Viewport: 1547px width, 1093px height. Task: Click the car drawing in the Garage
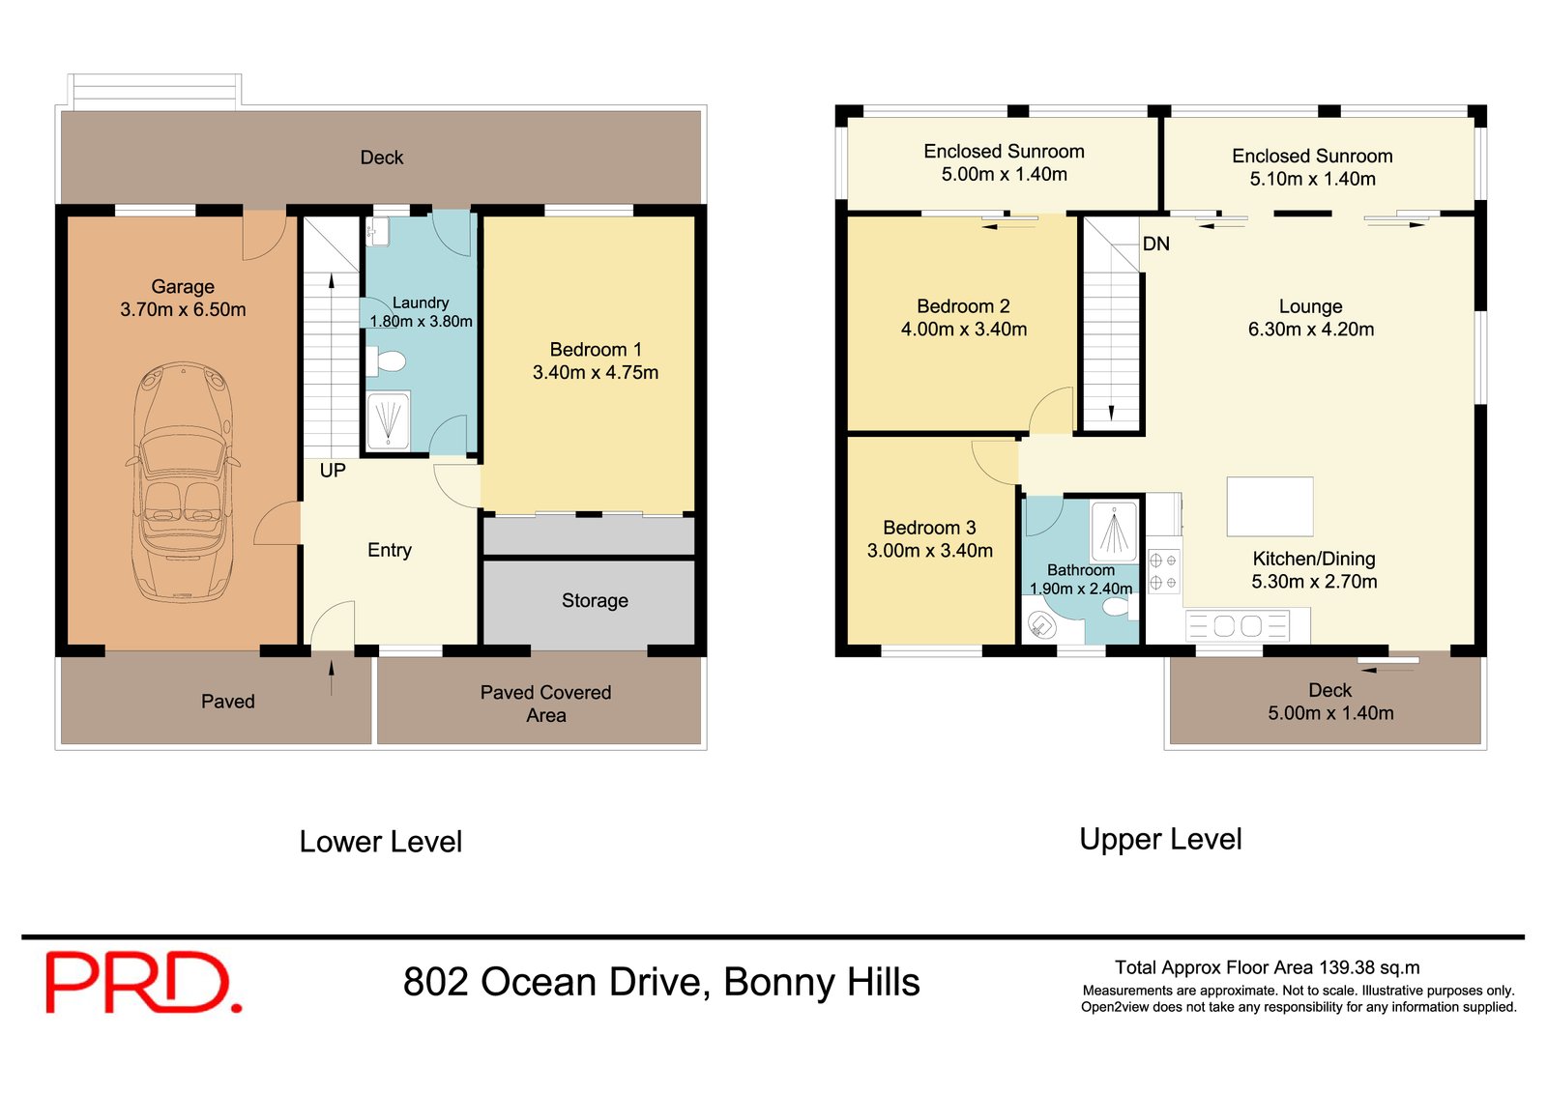(183, 481)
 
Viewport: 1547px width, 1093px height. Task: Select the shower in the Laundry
(388, 420)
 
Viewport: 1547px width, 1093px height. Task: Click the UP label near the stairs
(333, 471)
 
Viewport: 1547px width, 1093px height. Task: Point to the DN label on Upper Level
(1156, 244)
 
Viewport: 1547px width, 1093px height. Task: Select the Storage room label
(595, 601)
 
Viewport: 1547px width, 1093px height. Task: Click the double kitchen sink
(1238, 626)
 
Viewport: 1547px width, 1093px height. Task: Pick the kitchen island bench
(1270, 506)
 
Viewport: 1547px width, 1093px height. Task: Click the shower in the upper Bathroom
(1114, 532)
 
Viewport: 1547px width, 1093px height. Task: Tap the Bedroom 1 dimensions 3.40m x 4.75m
(596, 373)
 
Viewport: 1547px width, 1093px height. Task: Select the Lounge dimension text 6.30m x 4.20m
(1311, 330)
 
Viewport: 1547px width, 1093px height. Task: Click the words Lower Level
(381, 842)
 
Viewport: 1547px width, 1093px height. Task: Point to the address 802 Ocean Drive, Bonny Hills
(661, 982)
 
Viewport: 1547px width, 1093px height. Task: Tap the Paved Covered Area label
(545, 704)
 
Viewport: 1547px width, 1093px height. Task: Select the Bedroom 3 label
(929, 528)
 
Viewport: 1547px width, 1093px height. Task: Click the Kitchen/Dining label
(1314, 559)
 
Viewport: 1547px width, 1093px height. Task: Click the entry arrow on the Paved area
(332, 677)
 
